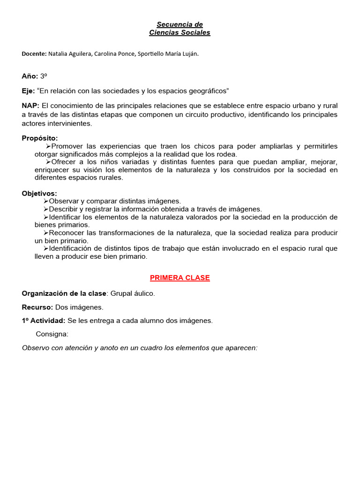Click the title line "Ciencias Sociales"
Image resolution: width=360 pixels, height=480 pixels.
pos(180,33)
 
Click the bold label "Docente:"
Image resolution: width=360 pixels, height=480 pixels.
pos(34,54)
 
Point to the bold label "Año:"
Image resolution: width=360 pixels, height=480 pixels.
pos(30,75)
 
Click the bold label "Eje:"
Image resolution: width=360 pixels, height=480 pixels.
pos(28,90)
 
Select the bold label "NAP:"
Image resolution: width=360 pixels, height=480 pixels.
pos(30,105)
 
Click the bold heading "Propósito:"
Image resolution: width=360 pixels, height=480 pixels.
pos(40,138)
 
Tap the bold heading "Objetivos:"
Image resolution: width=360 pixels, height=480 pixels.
pos(39,193)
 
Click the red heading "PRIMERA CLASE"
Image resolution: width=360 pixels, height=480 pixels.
pos(180,278)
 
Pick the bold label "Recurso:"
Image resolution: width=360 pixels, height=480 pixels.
pos(37,307)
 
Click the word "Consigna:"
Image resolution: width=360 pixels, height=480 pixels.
pos(52,334)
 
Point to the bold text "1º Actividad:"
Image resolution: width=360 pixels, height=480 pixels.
pos(44,321)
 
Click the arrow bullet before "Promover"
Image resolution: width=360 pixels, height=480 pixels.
pos(54,146)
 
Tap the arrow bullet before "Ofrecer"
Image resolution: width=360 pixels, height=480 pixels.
pos(54,162)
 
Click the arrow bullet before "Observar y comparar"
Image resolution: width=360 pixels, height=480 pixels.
pos(46,201)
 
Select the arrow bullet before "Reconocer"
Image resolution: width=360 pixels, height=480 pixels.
pos(46,233)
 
